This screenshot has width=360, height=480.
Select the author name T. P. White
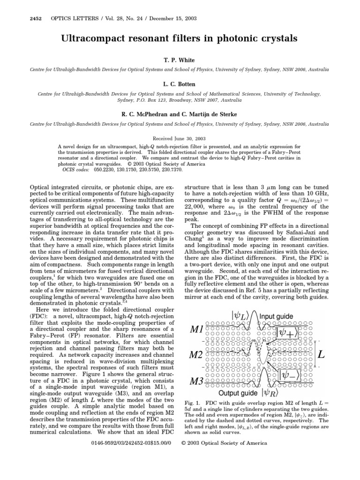point(180,61)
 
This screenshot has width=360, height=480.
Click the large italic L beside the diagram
point(322,354)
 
